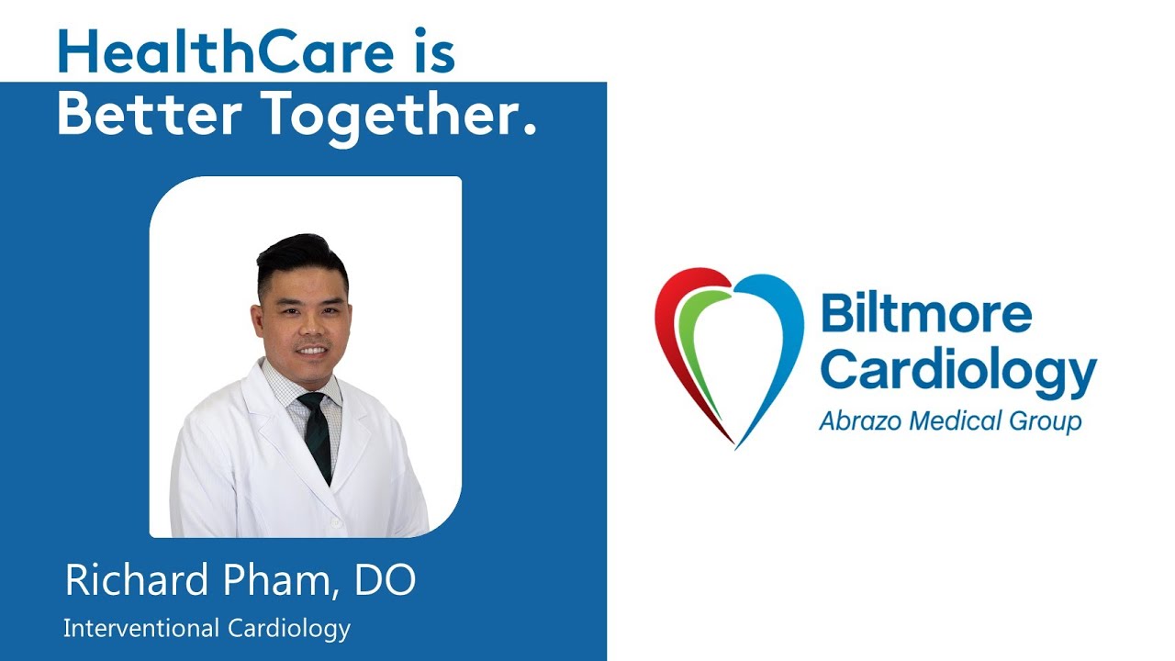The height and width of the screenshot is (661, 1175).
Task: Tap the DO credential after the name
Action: click(x=387, y=580)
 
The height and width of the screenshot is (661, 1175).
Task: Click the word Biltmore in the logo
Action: click(x=926, y=315)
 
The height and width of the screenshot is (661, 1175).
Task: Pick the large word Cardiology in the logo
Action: click(x=958, y=370)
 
